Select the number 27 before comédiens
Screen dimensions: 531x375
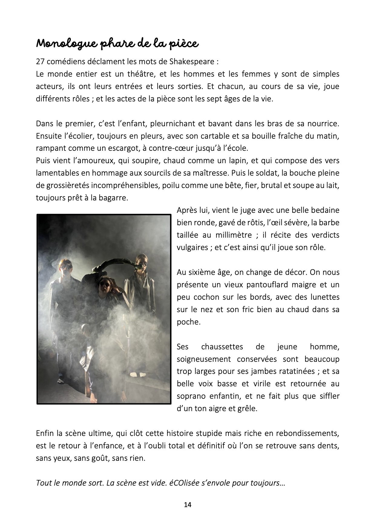point(40,62)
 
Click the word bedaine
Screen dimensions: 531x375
point(323,210)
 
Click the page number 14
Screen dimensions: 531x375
point(188,505)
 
